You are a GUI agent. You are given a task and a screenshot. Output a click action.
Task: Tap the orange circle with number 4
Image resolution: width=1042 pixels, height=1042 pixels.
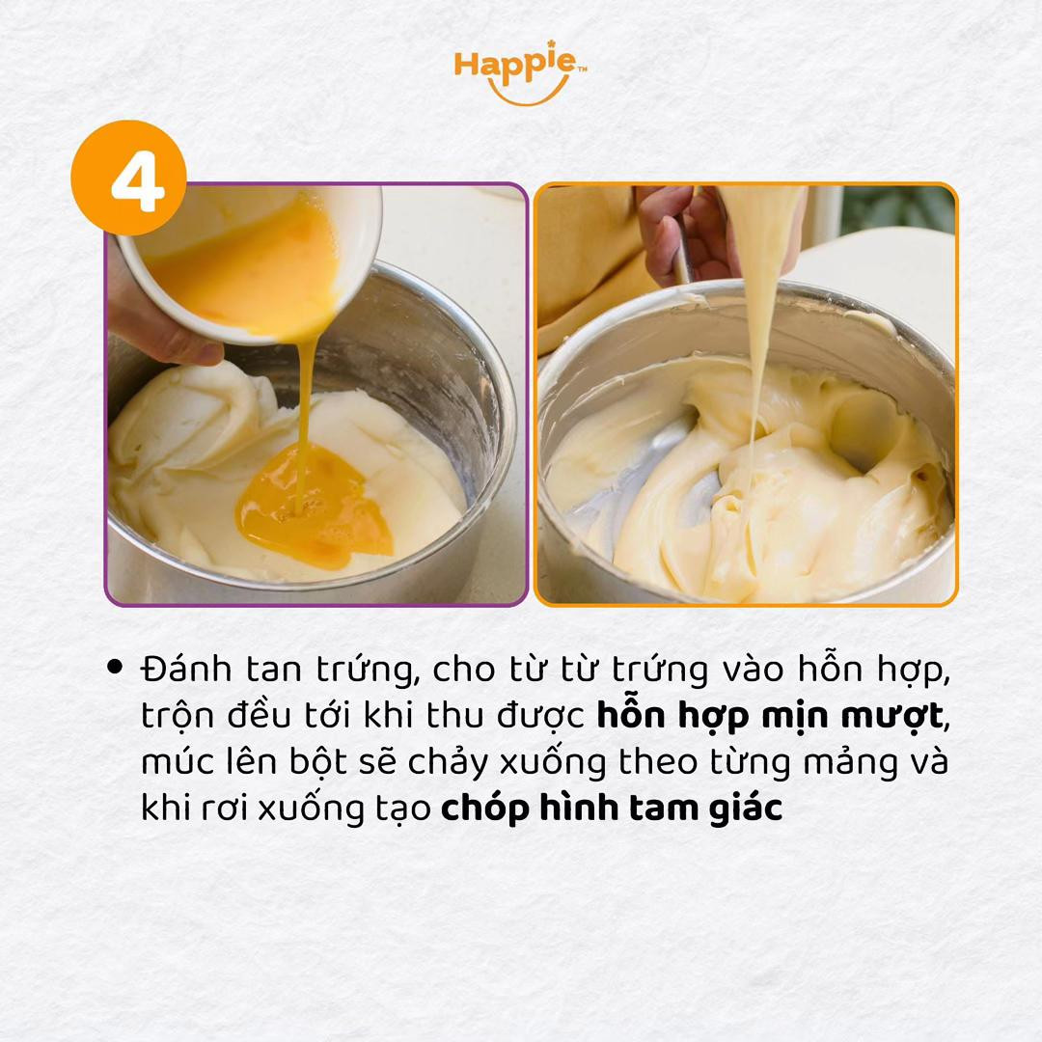128,178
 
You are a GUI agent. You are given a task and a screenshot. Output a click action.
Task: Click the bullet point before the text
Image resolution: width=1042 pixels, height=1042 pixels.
117,666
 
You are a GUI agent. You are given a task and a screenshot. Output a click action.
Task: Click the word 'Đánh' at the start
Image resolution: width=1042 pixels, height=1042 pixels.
180,667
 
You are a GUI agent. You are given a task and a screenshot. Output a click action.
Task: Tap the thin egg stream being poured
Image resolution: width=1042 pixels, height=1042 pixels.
305,405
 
